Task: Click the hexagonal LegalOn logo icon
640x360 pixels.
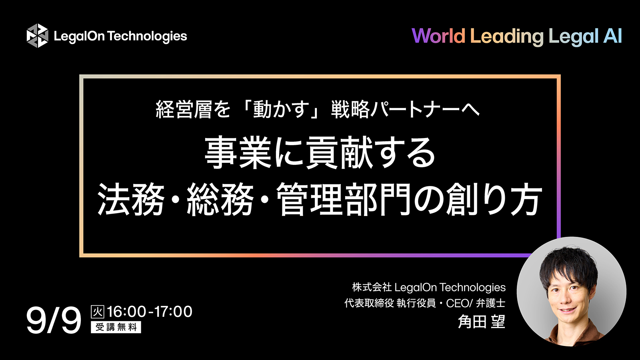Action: point(37,36)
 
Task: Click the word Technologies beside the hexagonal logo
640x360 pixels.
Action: point(147,36)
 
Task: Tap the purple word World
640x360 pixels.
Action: point(438,36)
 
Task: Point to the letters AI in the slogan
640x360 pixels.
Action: point(612,36)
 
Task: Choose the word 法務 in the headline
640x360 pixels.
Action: point(131,199)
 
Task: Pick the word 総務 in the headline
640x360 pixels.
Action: point(220,199)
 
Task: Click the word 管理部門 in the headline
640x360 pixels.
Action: point(344,199)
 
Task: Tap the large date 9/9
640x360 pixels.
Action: point(54,320)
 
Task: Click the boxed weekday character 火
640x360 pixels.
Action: point(98,312)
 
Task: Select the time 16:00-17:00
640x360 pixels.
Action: point(150,312)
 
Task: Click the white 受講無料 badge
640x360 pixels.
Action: point(116,327)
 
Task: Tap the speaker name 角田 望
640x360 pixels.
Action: point(482,322)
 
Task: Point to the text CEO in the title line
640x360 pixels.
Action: point(457,303)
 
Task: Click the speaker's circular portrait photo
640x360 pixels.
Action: point(571,291)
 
